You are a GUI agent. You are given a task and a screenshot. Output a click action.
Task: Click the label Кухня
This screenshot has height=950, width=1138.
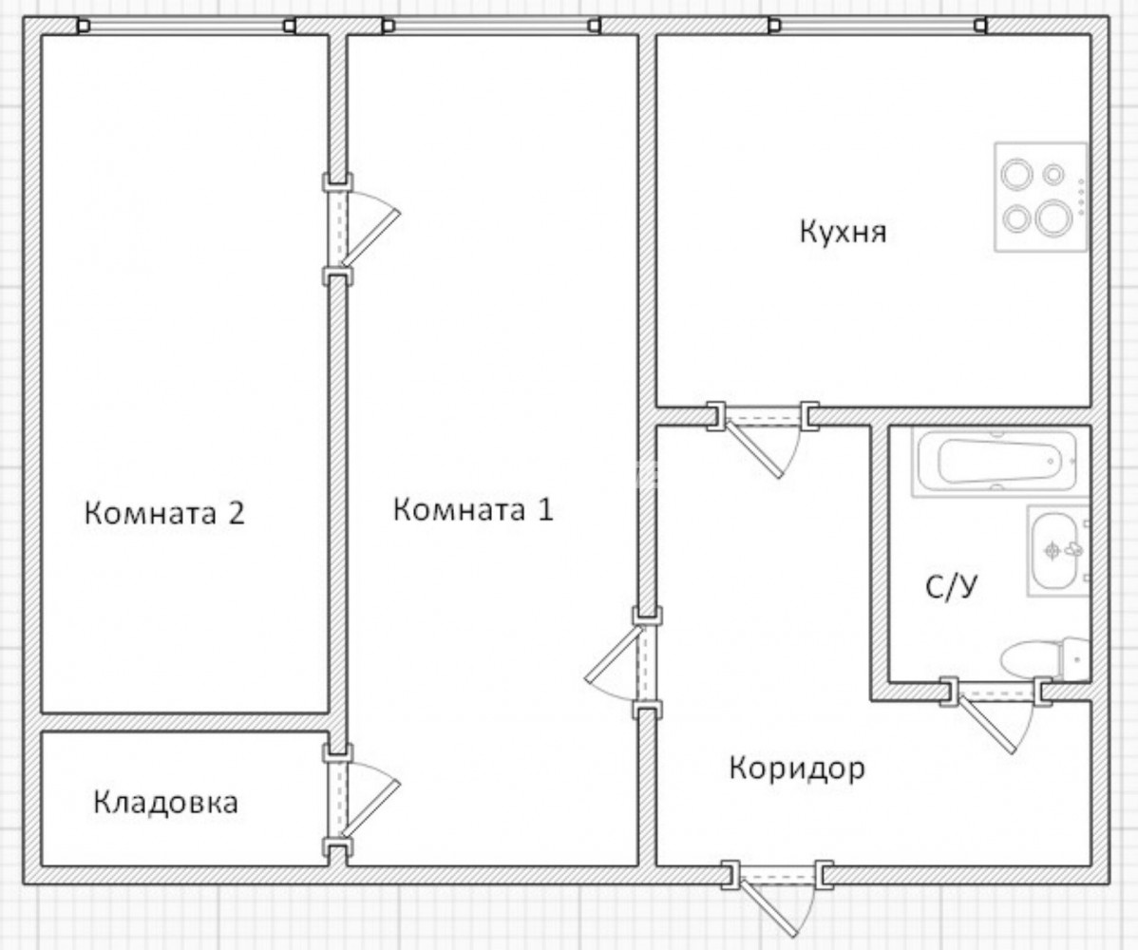click(844, 232)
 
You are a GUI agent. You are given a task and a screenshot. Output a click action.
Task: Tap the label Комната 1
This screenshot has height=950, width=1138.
click(473, 509)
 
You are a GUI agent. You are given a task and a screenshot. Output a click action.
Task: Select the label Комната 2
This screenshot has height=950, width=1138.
click(164, 513)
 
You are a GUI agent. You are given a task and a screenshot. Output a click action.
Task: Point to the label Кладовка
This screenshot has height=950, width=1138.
click(165, 803)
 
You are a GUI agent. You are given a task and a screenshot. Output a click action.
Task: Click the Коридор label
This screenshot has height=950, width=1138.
click(797, 768)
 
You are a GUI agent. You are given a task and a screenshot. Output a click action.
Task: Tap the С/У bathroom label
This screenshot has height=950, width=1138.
click(952, 586)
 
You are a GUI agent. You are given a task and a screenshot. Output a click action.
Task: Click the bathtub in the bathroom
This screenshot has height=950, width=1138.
click(999, 462)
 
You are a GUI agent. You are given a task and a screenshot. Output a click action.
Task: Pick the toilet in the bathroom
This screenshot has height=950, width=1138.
click(1044, 659)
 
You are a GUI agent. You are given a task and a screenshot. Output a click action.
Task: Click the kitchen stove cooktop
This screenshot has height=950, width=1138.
click(1041, 198)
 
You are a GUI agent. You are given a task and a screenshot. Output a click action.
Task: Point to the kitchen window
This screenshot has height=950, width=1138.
click(878, 27)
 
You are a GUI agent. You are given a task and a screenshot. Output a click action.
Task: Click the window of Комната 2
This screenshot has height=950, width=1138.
click(186, 27)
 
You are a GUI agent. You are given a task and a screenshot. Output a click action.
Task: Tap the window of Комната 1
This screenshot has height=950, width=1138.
click(491, 27)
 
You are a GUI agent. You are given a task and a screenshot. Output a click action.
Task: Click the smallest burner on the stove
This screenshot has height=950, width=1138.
click(1053, 174)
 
